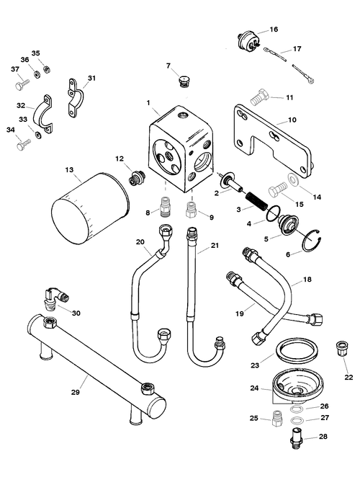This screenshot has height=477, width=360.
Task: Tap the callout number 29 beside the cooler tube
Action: coord(76,392)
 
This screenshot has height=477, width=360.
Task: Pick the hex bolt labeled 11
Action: coord(260,97)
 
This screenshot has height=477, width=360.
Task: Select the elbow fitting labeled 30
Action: coord(55,299)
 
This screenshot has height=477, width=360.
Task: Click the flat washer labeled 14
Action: coord(294,179)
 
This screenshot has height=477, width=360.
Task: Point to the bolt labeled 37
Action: coord(22,84)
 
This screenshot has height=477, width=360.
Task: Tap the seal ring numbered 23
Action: coord(297,352)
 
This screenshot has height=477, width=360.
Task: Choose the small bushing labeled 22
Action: coord(340,350)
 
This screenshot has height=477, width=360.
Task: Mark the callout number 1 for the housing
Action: coord(148,103)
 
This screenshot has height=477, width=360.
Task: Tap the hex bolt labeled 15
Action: coord(278,191)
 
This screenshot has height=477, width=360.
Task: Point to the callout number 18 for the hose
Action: coord(307,280)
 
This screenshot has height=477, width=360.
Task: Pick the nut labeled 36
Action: coord(37,74)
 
